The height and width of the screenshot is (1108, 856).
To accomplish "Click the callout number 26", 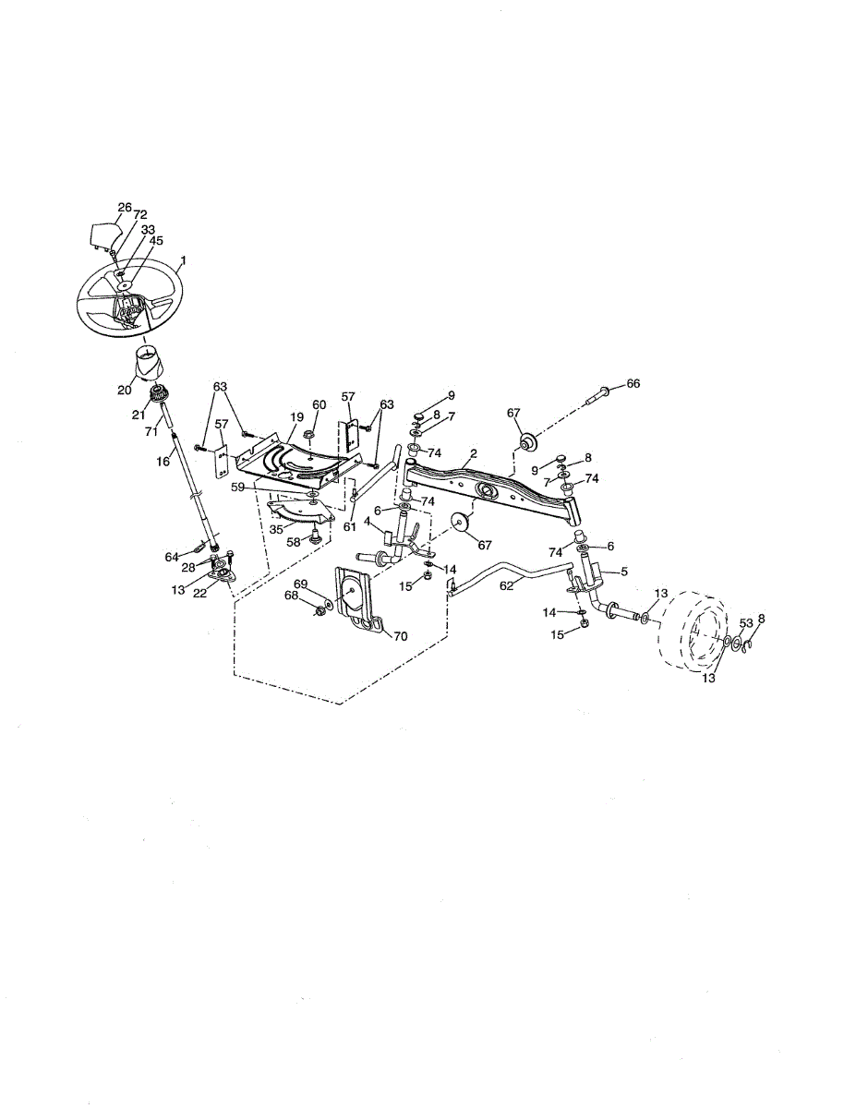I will (125, 208).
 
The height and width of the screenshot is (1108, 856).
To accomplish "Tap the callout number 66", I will (633, 382).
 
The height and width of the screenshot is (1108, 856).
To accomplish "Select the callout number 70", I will (400, 635).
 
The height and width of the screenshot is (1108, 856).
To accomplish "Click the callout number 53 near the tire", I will (746, 623).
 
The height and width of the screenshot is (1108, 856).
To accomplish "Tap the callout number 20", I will (125, 390).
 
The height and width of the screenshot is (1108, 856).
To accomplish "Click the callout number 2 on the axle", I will (473, 453).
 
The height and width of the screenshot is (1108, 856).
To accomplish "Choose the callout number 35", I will (276, 530).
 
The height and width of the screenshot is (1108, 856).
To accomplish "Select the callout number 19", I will (296, 417).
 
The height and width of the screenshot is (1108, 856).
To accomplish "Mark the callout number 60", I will (319, 404).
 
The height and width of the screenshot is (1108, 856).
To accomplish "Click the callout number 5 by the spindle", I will (624, 572).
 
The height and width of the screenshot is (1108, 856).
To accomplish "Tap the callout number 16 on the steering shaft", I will (163, 460).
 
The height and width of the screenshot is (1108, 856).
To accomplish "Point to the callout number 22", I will (200, 593).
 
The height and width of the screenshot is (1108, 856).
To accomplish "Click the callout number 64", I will (172, 557).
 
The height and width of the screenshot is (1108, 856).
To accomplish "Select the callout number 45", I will (157, 241).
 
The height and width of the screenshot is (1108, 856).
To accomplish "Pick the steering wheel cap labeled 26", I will (102, 235).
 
